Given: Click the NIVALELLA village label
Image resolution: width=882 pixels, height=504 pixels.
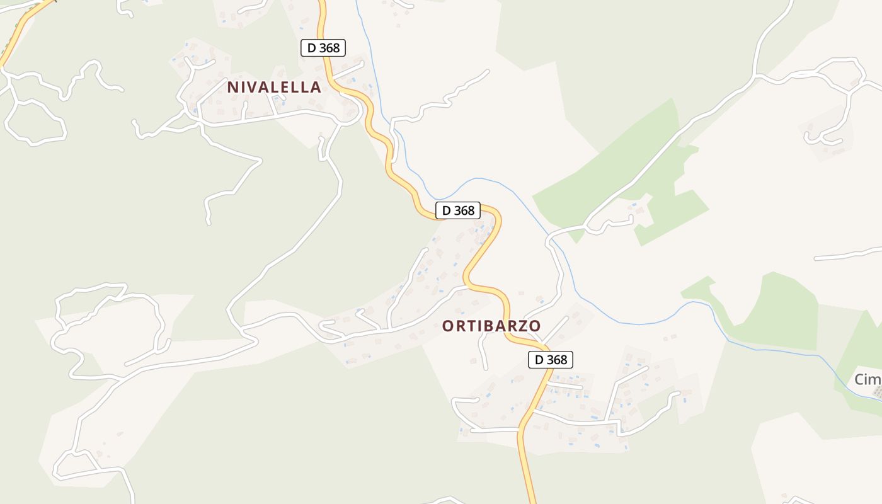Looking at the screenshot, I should [274, 87].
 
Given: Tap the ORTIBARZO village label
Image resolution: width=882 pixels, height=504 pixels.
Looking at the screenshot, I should [491, 326].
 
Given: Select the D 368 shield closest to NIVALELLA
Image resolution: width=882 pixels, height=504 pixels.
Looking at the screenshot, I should [323, 48].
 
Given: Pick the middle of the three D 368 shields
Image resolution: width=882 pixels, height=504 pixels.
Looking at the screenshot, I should [458, 210].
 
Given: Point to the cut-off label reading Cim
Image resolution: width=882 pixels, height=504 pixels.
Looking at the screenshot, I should [868, 379].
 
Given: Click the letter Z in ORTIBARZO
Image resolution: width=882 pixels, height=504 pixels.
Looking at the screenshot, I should [519, 326].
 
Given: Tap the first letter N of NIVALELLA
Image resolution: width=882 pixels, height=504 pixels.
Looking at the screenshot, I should [232, 87].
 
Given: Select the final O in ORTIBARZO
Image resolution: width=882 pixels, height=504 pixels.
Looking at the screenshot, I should [534, 326].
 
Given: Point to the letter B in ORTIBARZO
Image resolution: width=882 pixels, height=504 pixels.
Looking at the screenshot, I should [478, 326].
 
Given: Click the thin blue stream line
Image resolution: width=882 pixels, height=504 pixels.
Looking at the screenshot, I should [630, 323].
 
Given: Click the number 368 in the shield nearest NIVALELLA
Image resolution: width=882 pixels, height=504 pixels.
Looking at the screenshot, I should [329, 48].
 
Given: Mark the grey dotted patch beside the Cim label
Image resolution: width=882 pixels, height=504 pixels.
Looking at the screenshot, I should [877, 392].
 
